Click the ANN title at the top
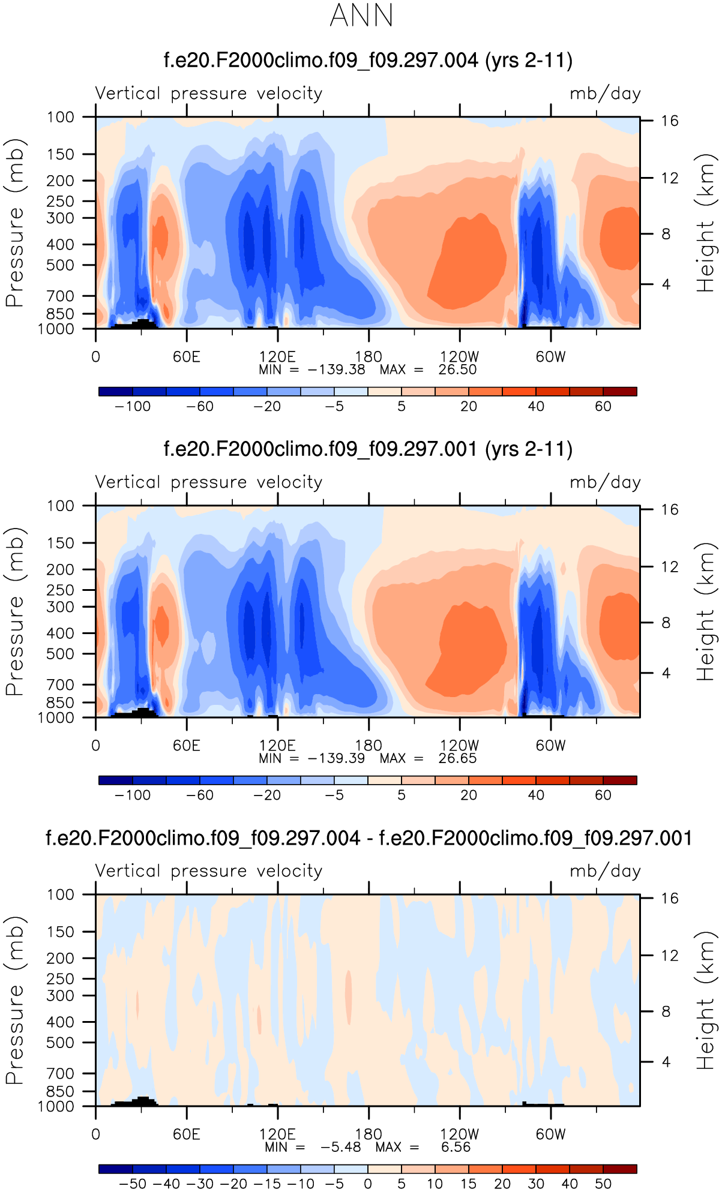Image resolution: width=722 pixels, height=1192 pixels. pos(361,16)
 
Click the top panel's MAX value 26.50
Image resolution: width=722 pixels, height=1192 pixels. pos(457,370)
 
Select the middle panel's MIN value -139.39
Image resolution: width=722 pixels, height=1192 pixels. pos(336,758)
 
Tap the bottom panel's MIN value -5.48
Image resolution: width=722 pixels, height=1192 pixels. pos(340,1147)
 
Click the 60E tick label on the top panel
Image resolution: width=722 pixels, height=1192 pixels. pos(186,357)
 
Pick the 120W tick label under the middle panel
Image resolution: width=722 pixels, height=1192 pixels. pos(460,746)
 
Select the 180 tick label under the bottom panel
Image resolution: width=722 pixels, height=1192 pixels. pos(368,1134)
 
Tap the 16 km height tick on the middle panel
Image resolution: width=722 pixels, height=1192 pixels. pos(670,510)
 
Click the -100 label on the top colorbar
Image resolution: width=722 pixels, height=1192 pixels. pos(133,407)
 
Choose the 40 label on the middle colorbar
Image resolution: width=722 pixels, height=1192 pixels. pos(536,795)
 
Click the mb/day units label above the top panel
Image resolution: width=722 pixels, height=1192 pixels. pos(605,94)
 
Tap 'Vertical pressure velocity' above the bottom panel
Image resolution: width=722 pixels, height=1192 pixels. pos(209,871)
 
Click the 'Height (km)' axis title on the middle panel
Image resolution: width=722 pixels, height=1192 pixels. pos(706,612)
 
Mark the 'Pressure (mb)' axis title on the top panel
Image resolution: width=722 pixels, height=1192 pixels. pos(14,223)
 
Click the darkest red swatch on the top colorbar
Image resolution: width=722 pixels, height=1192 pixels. pos(620,392)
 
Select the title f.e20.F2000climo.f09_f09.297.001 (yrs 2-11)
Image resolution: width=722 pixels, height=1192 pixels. pos(368,449)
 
